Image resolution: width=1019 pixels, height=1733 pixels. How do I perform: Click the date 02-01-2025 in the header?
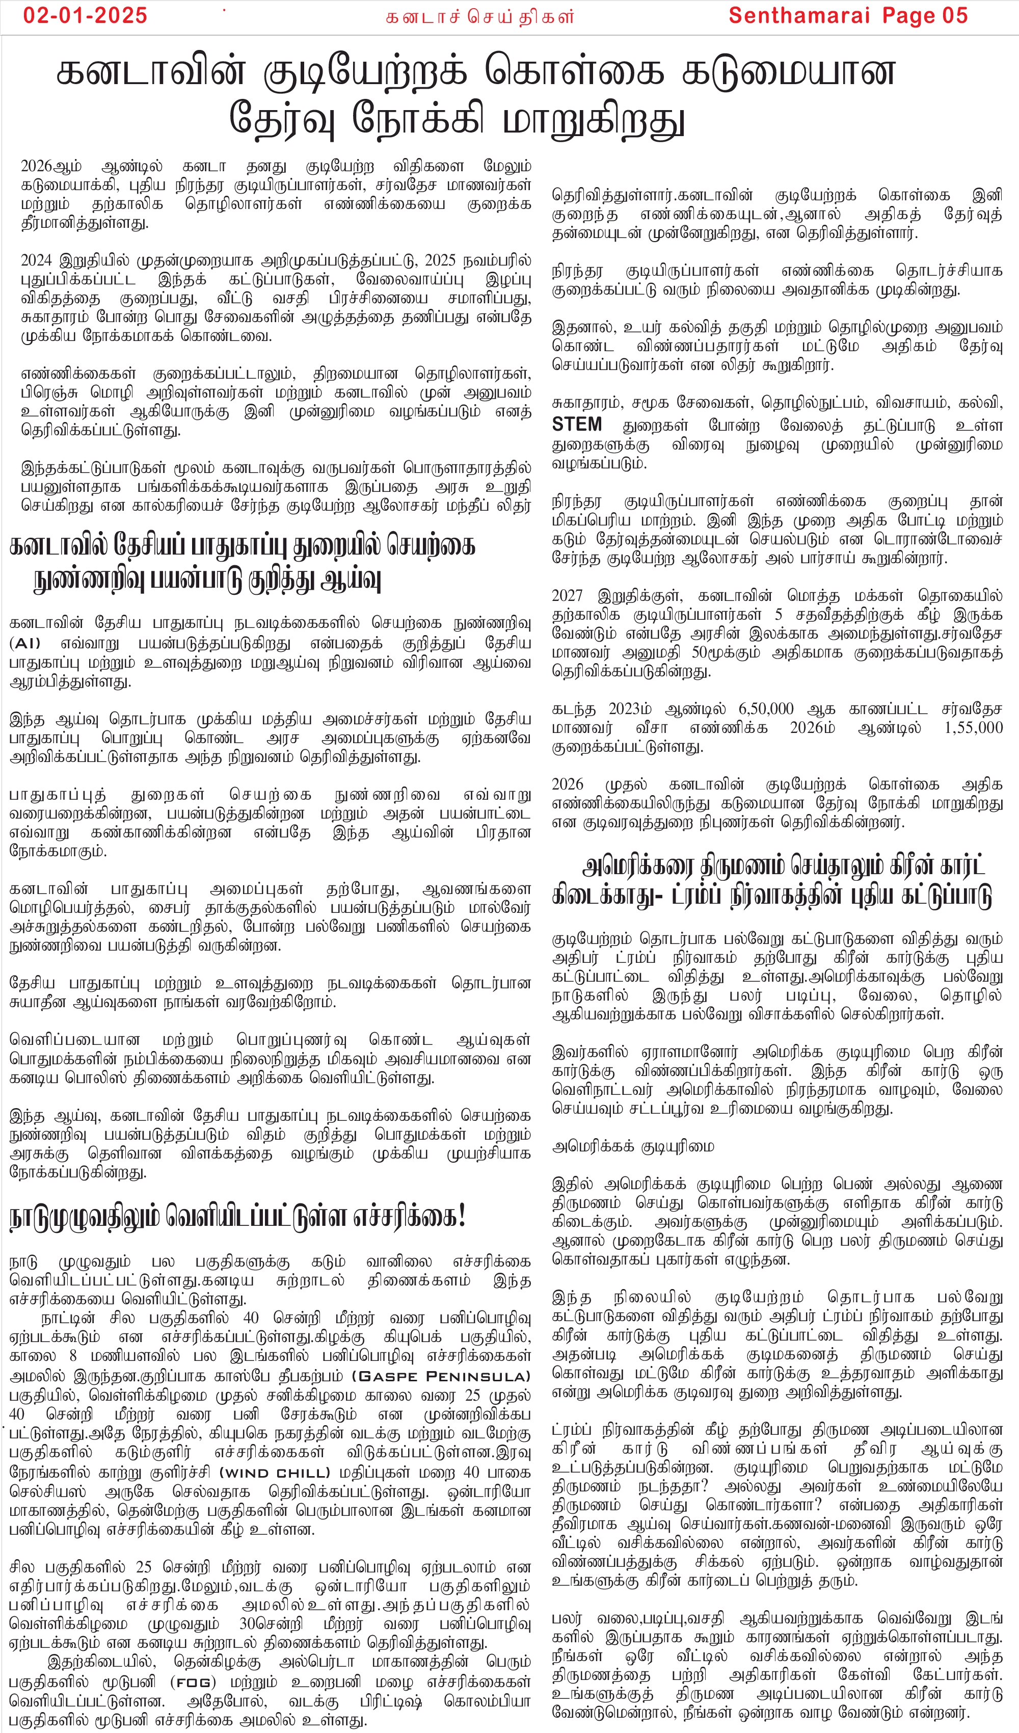[x=85, y=16]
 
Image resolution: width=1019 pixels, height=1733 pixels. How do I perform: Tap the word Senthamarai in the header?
[x=799, y=16]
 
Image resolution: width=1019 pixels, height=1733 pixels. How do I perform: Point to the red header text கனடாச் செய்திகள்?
[x=479, y=17]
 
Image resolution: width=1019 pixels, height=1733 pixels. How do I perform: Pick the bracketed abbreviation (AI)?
[x=25, y=644]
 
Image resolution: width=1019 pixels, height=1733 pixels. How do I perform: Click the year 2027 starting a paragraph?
[x=567, y=595]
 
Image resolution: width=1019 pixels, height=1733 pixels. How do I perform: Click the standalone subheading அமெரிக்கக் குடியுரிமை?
[x=633, y=1146]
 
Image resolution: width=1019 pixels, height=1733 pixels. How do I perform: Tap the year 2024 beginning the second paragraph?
[x=37, y=260]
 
